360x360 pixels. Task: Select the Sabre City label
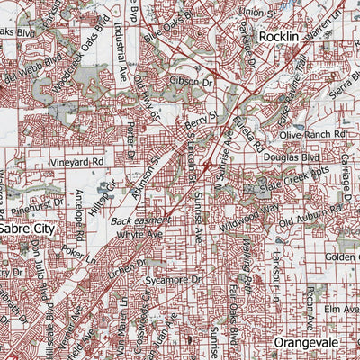pyautogui.click(x=26, y=229)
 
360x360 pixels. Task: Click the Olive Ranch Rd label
pyautogui.click(x=312, y=133)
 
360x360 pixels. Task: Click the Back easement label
pyautogui.click(x=140, y=220)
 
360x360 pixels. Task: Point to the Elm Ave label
pyautogui.click(x=342, y=309)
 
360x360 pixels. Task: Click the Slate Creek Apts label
pyautogui.click(x=292, y=184)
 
